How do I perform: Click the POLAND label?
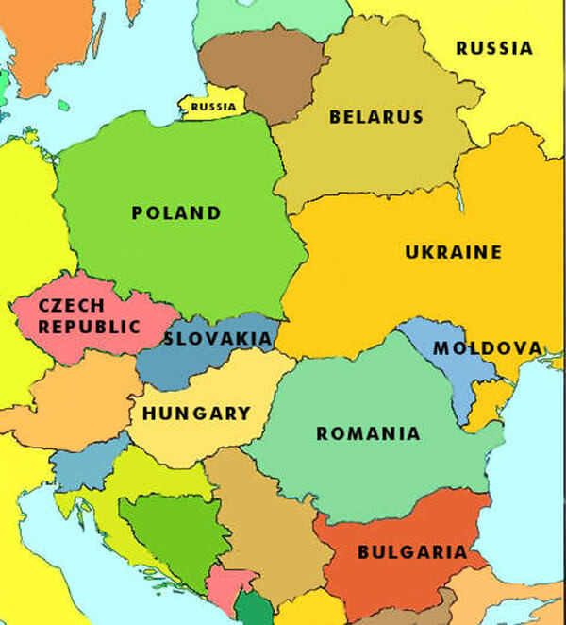coord(176,213)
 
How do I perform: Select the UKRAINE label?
coord(453,253)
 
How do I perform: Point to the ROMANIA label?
coord(368,434)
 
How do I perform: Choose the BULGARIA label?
coord(411,552)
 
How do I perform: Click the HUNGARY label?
coord(197,414)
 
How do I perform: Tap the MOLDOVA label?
coord(488,348)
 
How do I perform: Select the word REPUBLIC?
coord(89,328)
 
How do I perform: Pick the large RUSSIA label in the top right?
coord(494,48)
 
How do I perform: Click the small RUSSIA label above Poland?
coord(213,107)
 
